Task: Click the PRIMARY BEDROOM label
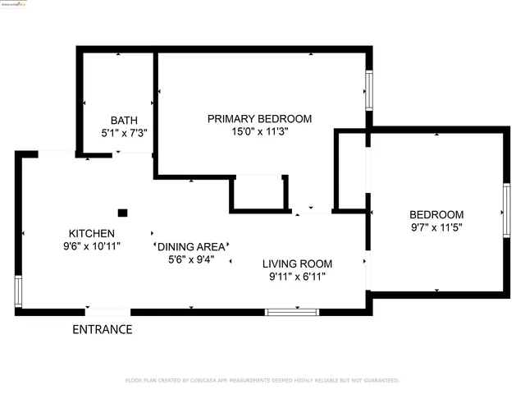pos(258,118)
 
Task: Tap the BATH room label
pos(124,120)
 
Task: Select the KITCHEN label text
pos(91,233)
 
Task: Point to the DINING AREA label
pos(191,246)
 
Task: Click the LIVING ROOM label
pos(297,263)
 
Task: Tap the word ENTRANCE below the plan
pos(103,330)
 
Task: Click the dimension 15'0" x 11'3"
pos(258,131)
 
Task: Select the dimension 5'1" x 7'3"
pos(124,132)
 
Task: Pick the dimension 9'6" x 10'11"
pos(91,245)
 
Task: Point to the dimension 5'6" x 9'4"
pos(190,259)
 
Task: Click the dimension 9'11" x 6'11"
pos(296,277)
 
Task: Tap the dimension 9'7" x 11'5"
pos(436,227)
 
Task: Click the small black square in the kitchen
pos(122,213)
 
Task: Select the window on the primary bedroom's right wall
pos(369,90)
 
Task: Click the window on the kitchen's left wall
pos(18,291)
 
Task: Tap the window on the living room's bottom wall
pos(291,312)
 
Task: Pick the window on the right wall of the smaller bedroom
pos(506,211)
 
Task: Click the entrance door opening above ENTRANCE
pos(107,312)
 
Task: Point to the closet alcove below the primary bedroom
pos(258,194)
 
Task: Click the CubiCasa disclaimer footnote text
pos(262,380)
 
